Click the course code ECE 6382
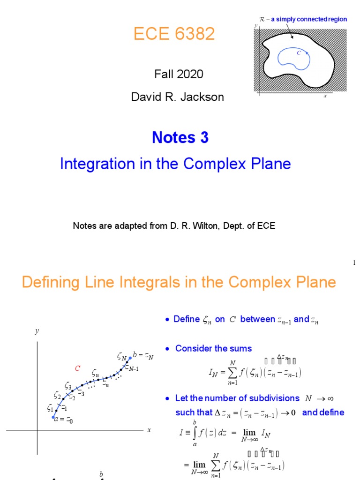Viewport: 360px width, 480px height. [174, 34]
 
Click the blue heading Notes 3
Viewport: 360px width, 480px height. [180, 137]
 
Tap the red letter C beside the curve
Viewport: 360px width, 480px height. [78, 368]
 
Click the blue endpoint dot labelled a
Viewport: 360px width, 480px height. [53, 417]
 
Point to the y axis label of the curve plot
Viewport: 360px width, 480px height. [37, 331]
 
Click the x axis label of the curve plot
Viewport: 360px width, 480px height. [149, 430]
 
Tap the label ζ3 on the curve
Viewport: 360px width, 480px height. [68, 387]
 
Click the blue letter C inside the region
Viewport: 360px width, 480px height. [299, 53]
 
